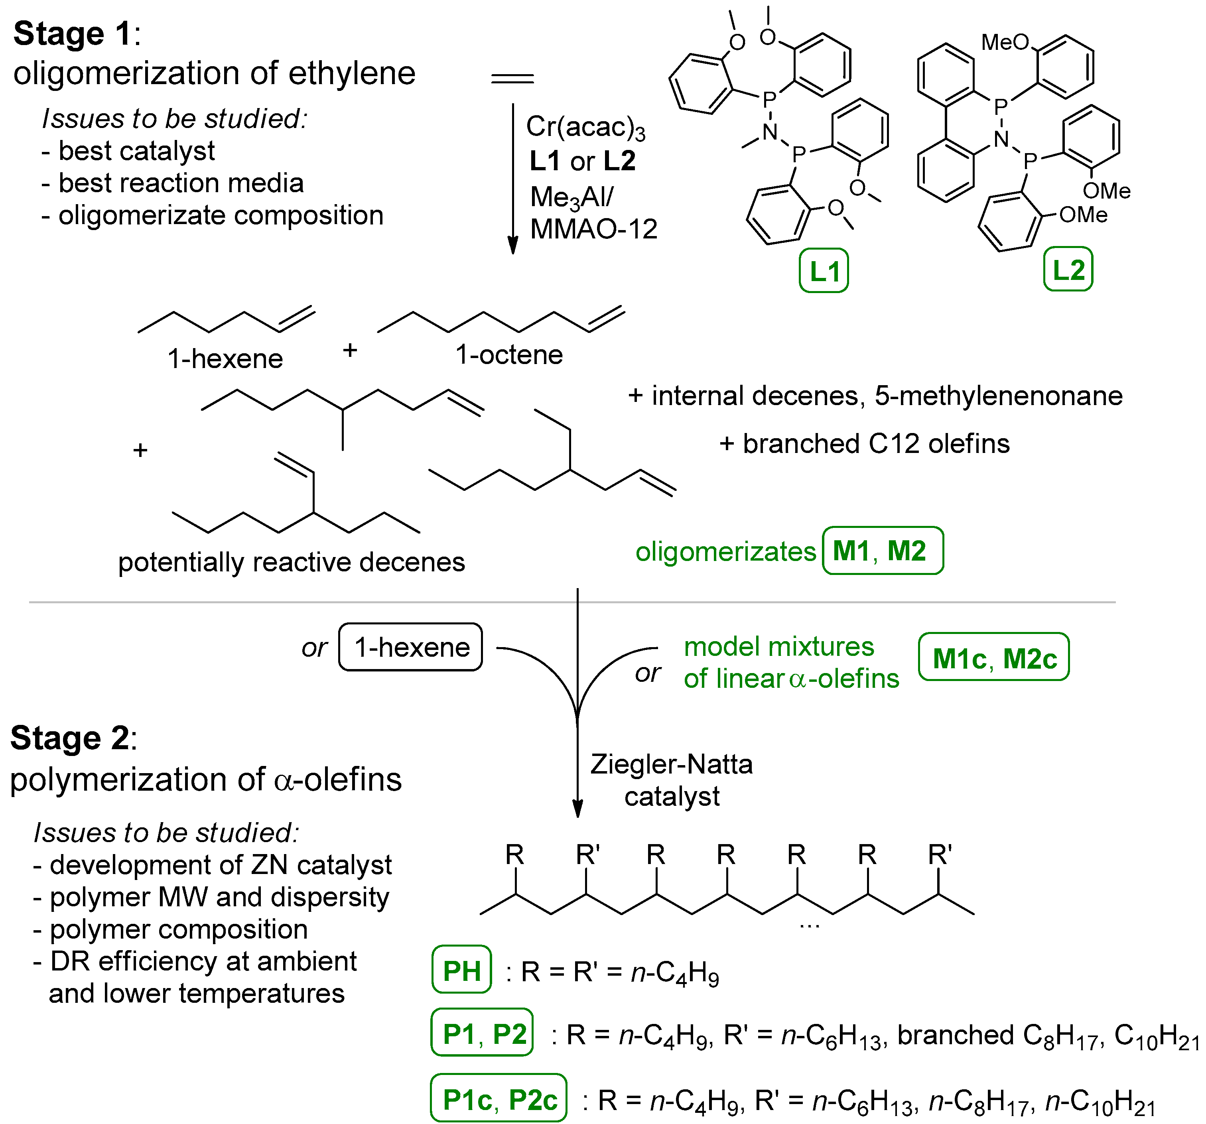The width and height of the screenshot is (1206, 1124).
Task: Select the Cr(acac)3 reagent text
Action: [x=585, y=127]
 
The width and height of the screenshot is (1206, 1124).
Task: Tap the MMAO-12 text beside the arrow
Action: [x=593, y=229]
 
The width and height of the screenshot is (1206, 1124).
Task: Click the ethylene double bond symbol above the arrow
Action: [x=512, y=78]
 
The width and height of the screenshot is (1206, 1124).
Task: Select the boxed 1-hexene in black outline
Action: [x=411, y=647]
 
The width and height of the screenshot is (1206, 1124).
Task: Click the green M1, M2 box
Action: [x=882, y=551]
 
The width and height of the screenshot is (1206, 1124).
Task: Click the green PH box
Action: [x=462, y=971]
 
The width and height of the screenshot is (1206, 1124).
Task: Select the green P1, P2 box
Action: [x=482, y=1033]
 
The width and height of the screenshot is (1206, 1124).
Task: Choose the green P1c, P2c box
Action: [x=499, y=1099]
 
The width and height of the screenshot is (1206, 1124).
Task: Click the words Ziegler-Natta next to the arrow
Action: [x=672, y=764]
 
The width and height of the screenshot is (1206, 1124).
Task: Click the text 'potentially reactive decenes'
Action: [x=291, y=562]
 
